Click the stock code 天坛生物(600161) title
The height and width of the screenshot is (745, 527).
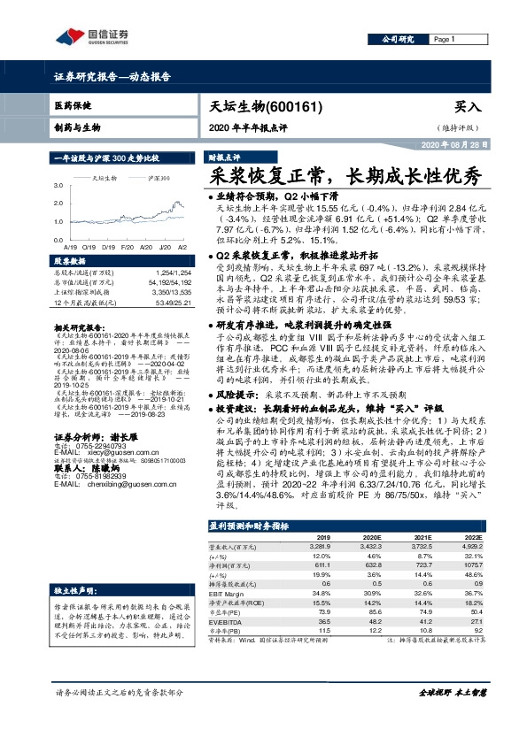tap(259, 105)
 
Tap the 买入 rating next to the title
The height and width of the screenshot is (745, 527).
tap(492, 106)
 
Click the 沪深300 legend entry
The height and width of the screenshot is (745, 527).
tap(160, 178)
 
